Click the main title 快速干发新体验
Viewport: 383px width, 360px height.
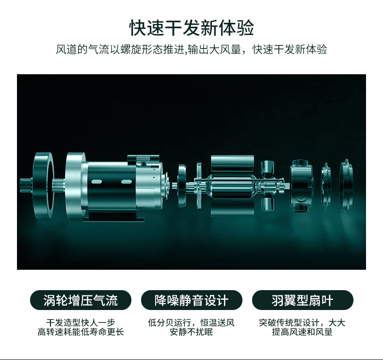point(191,28)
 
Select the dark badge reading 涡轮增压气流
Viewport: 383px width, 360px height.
point(80,300)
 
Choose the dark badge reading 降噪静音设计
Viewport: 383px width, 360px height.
point(191,300)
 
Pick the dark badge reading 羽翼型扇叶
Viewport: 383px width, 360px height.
point(303,300)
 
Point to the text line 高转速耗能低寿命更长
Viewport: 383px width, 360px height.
point(80,332)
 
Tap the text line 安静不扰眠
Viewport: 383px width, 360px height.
point(191,332)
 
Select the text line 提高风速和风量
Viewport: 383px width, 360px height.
point(303,332)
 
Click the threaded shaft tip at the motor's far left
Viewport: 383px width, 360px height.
point(26,184)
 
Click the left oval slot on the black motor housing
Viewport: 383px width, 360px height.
point(96,181)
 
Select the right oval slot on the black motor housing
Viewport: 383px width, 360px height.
point(127,181)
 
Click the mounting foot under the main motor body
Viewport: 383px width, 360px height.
point(114,217)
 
